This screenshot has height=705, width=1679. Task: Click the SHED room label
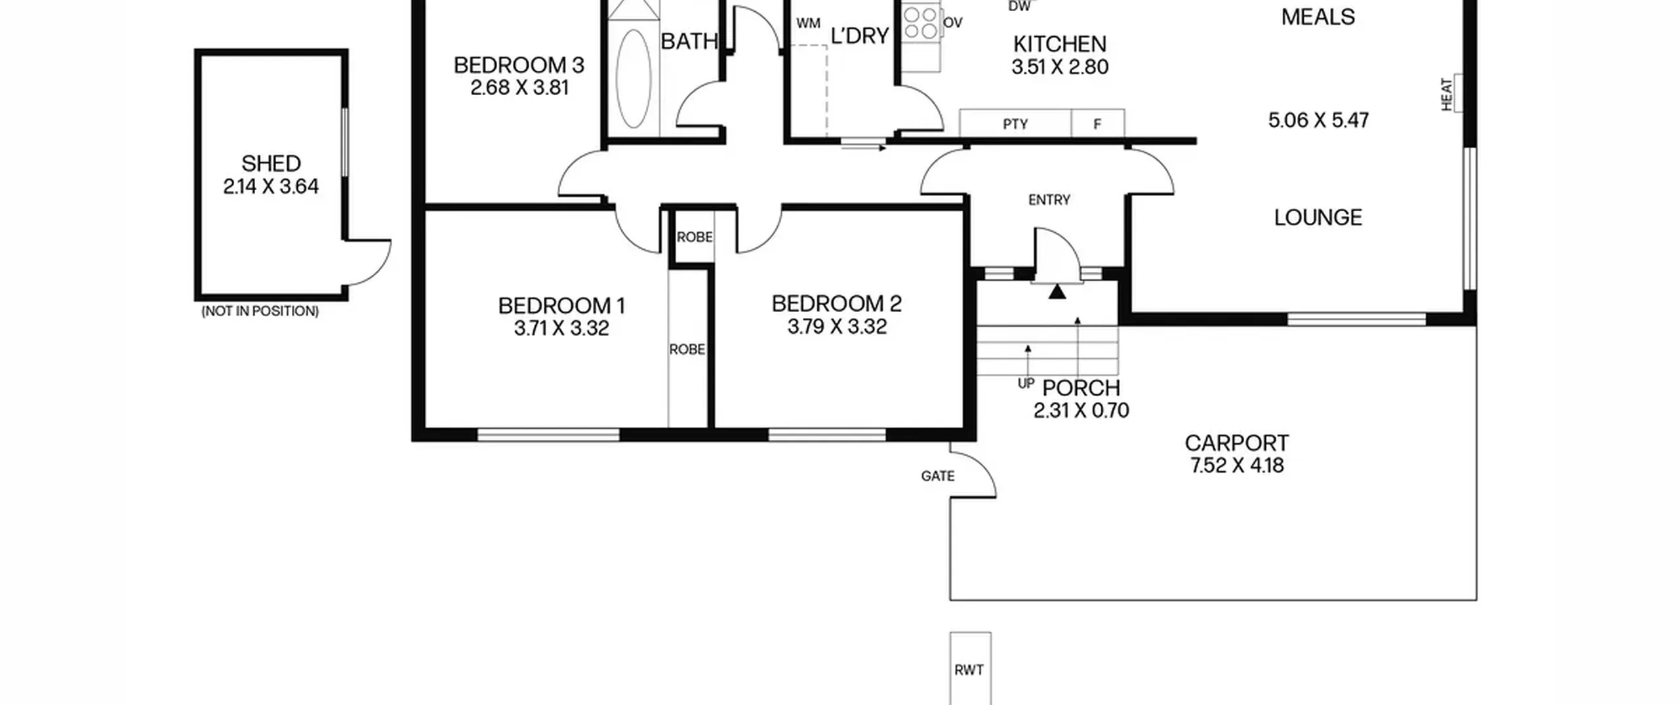click(271, 163)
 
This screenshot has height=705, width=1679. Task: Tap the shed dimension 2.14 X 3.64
click(271, 187)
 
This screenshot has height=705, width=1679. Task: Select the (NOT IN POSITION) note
click(260, 312)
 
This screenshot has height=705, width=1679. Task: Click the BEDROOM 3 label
click(519, 65)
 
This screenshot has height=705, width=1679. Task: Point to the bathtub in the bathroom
click(634, 78)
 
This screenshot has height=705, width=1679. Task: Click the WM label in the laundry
click(808, 24)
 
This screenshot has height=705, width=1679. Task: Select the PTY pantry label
click(1015, 124)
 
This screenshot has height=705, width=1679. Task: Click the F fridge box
click(1098, 123)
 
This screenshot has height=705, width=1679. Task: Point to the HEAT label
click(1446, 94)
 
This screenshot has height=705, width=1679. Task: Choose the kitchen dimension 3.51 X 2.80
click(1060, 67)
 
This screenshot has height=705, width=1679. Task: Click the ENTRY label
click(1049, 200)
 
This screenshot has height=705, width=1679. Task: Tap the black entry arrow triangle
click(1057, 292)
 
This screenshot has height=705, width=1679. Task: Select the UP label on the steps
click(1026, 384)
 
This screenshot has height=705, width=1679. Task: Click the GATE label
click(938, 476)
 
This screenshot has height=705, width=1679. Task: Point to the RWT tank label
click(969, 670)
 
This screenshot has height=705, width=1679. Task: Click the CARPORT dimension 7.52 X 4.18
click(1237, 466)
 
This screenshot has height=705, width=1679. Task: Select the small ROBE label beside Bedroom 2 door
click(695, 237)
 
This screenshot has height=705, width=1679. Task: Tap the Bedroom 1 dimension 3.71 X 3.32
click(561, 328)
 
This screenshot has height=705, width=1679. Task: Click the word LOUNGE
click(1318, 217)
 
